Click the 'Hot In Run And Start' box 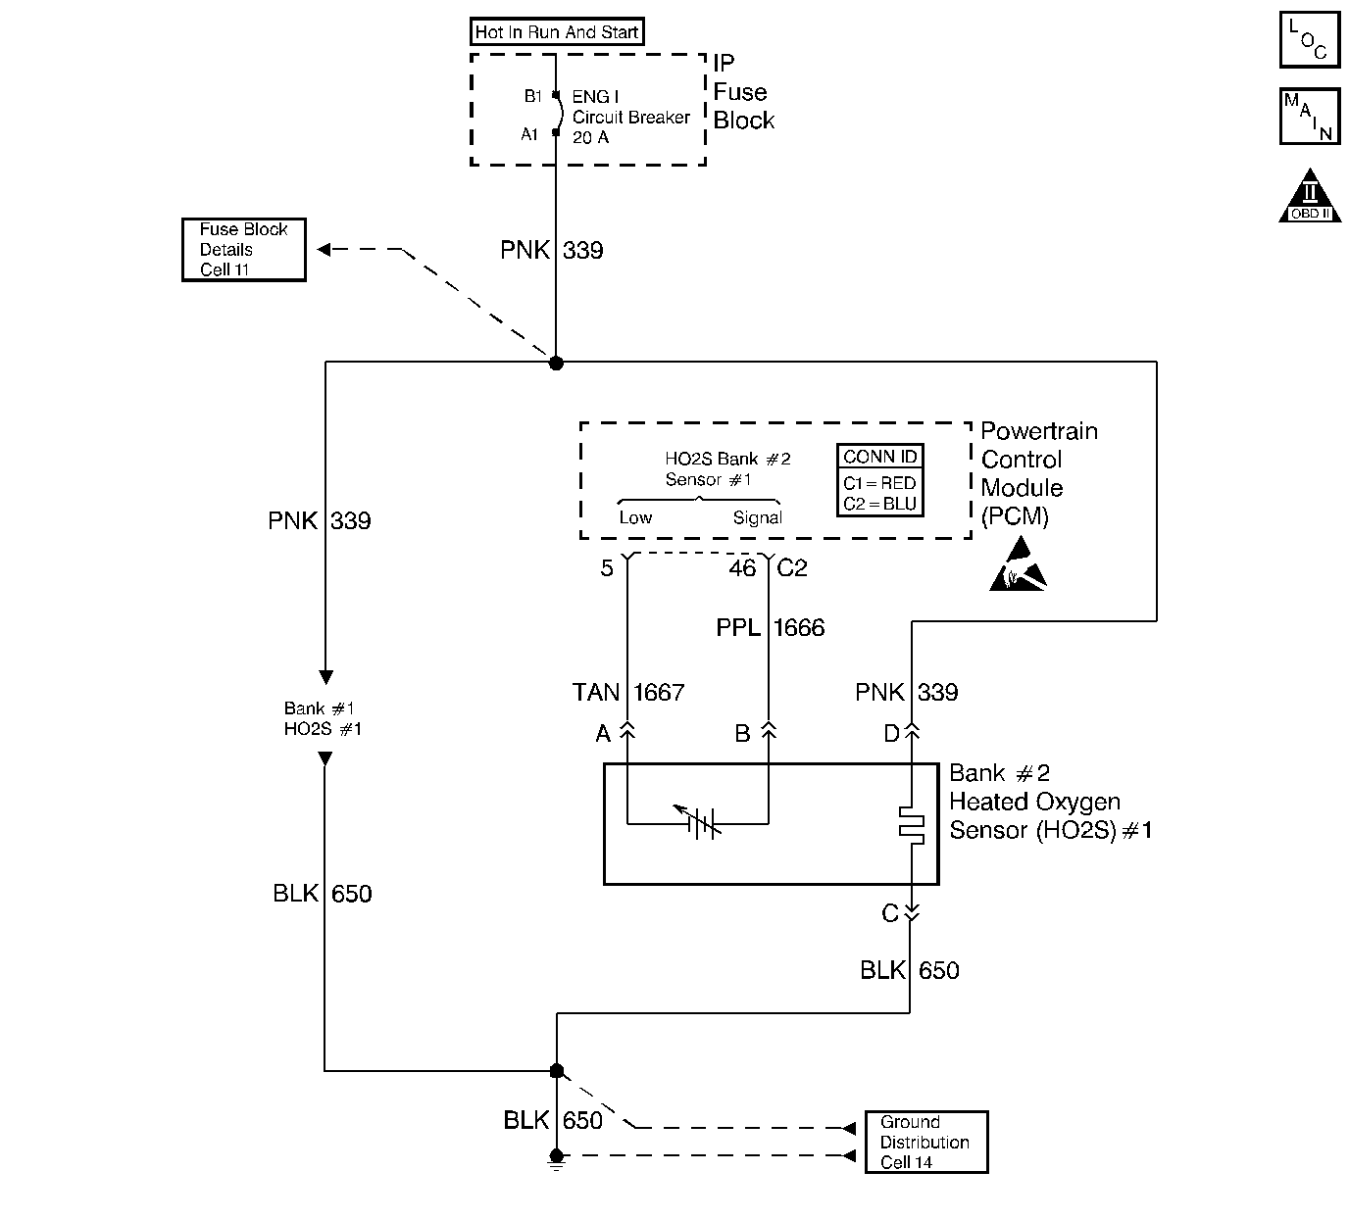click(x=557, y=31)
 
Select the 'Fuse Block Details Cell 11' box click(x=244, y=249)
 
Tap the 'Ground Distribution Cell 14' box click(x=926, y=1142)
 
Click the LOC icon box click(x=1310, y=39)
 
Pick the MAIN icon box click(x=1310, y=117)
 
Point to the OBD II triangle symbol click(x=1310, y=196)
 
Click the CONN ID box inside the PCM click(x=879, y=480)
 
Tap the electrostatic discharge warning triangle click(x=1019, y=563)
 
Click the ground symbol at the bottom click(x=556, y=1160)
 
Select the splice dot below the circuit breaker click(x=556, y=363)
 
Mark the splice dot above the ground click(x=557, y=1071)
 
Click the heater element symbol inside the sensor click(x=911, y=825)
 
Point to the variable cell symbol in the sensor click(x=699, y=822)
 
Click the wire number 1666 click(x=799, y=628)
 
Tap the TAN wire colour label click(x=596, y=693)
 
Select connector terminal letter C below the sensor click(x=890, y=913)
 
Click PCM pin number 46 click(x=742, y=568)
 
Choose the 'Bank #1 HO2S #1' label click(x=323, y=718)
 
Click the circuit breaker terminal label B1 click(x=532, y=96)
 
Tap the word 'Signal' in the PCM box click(x=757, y=517)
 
